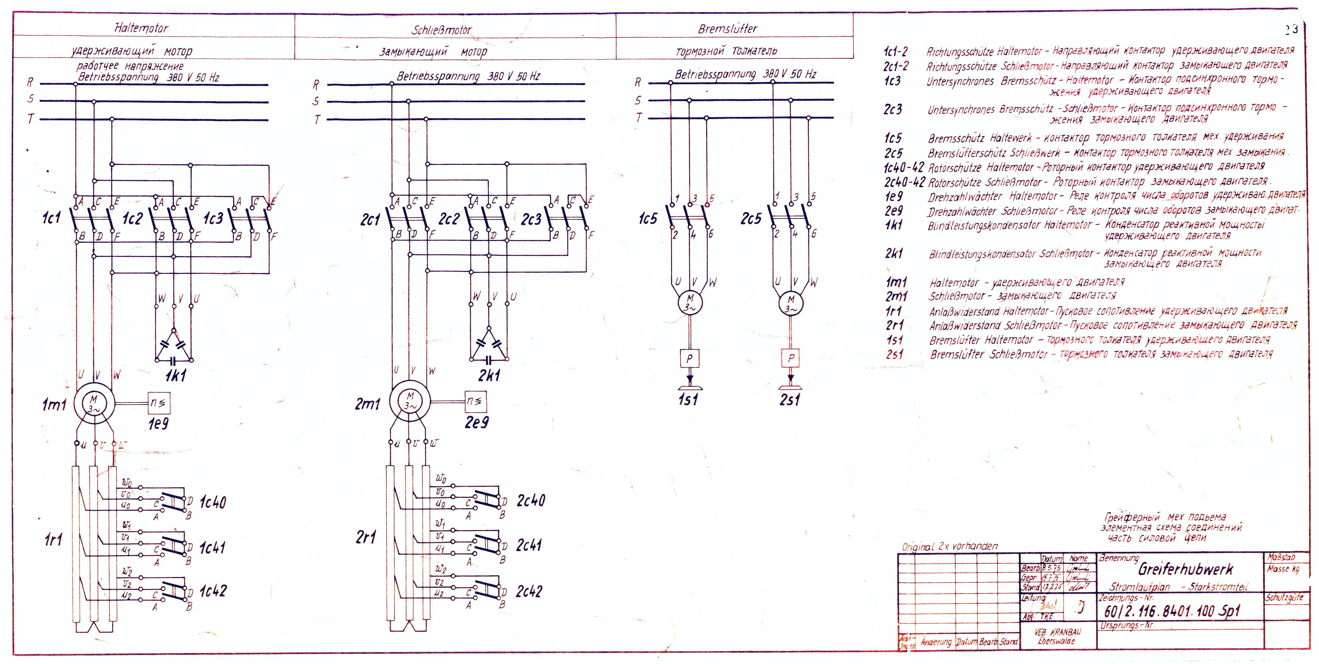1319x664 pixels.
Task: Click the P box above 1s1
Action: coord(689,358)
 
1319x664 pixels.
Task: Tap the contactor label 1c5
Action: coord(648,219)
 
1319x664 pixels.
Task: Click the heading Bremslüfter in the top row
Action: coord(728,29)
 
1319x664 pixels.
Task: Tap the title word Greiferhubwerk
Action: coord(1185,569)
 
